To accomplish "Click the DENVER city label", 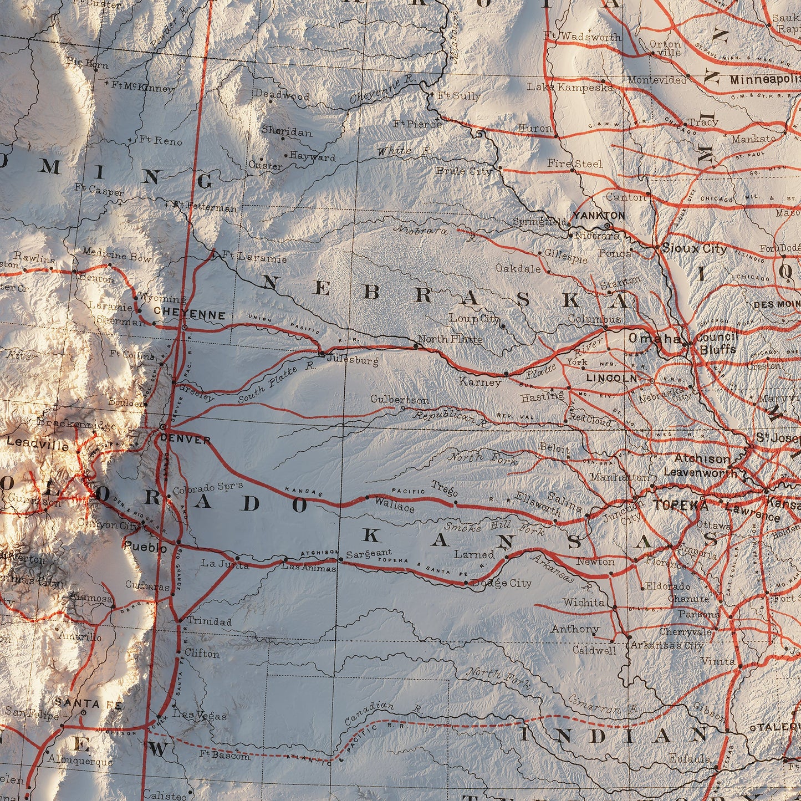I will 185,440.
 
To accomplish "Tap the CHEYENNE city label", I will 190,315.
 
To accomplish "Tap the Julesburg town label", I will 352,360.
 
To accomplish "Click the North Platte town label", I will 450,339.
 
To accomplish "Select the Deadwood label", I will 282,95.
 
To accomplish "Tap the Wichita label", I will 584,602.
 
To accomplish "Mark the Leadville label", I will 38,445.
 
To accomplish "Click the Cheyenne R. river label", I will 382,90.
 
